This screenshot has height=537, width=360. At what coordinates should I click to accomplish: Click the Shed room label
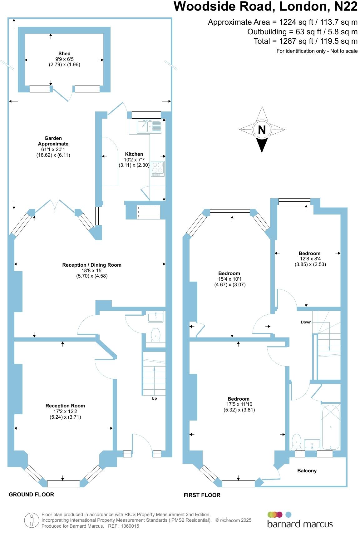[64, 53]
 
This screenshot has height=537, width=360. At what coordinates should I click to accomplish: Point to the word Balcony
[307, 470]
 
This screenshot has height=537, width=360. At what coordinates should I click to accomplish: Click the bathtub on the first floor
[331, 426]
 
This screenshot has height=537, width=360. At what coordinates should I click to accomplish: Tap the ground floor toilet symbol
[155, 334]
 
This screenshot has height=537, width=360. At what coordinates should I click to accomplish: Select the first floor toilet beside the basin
[296, 441]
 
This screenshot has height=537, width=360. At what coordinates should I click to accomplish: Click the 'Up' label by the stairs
[154, 398]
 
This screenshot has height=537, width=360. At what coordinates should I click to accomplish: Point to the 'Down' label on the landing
[306, 322]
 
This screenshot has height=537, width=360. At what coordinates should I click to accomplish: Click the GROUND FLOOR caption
[31, 494]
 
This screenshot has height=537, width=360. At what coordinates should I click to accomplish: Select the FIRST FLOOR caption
[202, 495]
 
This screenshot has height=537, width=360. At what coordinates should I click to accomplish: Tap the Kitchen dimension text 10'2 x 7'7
[134, 160]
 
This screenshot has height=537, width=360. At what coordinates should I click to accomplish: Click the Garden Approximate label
[53, 141]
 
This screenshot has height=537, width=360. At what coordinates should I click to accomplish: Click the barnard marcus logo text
[300, 524]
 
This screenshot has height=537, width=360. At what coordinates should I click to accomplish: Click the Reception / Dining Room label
[92, 265]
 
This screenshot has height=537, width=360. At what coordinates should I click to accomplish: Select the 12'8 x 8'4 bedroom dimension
[310, 259]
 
